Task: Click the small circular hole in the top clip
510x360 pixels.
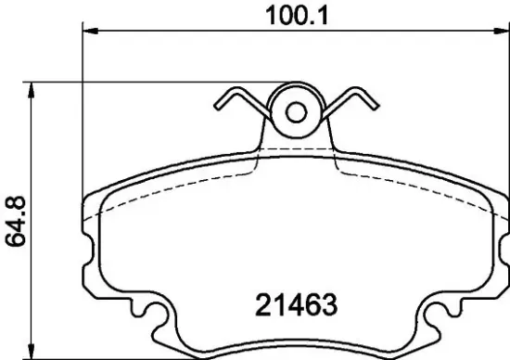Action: pyautogui.click(x=296, y=113)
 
